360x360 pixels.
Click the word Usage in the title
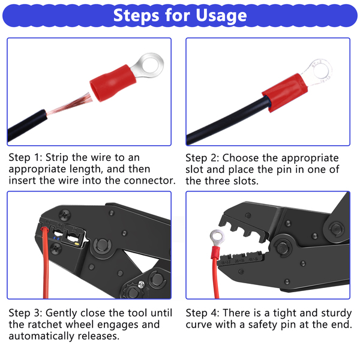221,16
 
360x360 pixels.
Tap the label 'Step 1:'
25,157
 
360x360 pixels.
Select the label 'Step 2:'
202,158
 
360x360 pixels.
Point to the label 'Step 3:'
25,313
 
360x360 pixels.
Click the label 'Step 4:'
203,313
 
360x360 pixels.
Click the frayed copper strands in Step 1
69,104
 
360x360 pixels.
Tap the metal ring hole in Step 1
151,64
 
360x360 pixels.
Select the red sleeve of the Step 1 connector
113,83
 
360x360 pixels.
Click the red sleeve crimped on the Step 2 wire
285,92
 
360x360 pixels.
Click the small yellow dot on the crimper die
77,244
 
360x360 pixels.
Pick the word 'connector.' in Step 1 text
149,181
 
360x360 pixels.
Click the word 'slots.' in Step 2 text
246,181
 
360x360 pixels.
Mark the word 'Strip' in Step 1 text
57,158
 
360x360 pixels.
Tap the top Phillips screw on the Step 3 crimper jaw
65,214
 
